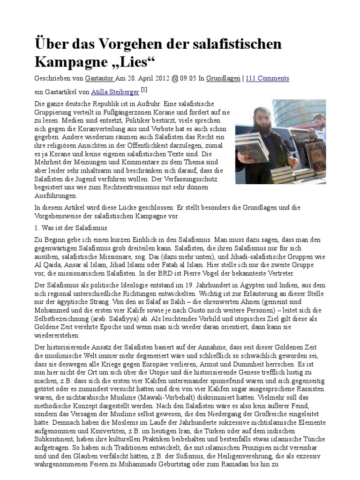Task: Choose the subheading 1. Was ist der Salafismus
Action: (x=71, y=227)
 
